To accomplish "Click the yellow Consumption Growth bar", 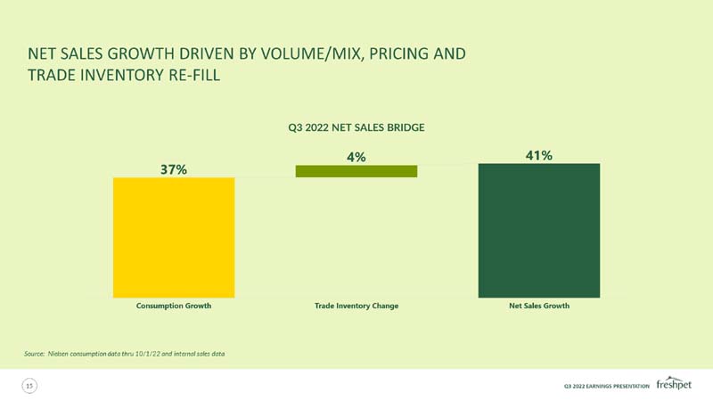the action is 174,238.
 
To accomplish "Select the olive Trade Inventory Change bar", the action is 356,171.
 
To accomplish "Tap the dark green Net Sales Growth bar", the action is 539,231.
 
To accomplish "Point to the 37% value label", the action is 174,169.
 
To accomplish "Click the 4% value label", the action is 356,158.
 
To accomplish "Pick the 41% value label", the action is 539,155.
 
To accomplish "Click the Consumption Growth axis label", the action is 174,306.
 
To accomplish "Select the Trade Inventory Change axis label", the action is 356,306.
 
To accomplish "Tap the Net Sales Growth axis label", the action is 539,306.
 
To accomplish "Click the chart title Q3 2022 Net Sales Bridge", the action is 356,127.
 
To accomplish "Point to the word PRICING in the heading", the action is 398,53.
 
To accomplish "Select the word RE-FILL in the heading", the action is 194,75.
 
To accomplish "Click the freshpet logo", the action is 674,383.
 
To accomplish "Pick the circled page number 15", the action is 29,386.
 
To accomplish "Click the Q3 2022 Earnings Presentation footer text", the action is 607,386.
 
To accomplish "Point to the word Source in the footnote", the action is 34,354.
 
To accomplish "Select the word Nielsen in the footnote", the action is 58,354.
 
